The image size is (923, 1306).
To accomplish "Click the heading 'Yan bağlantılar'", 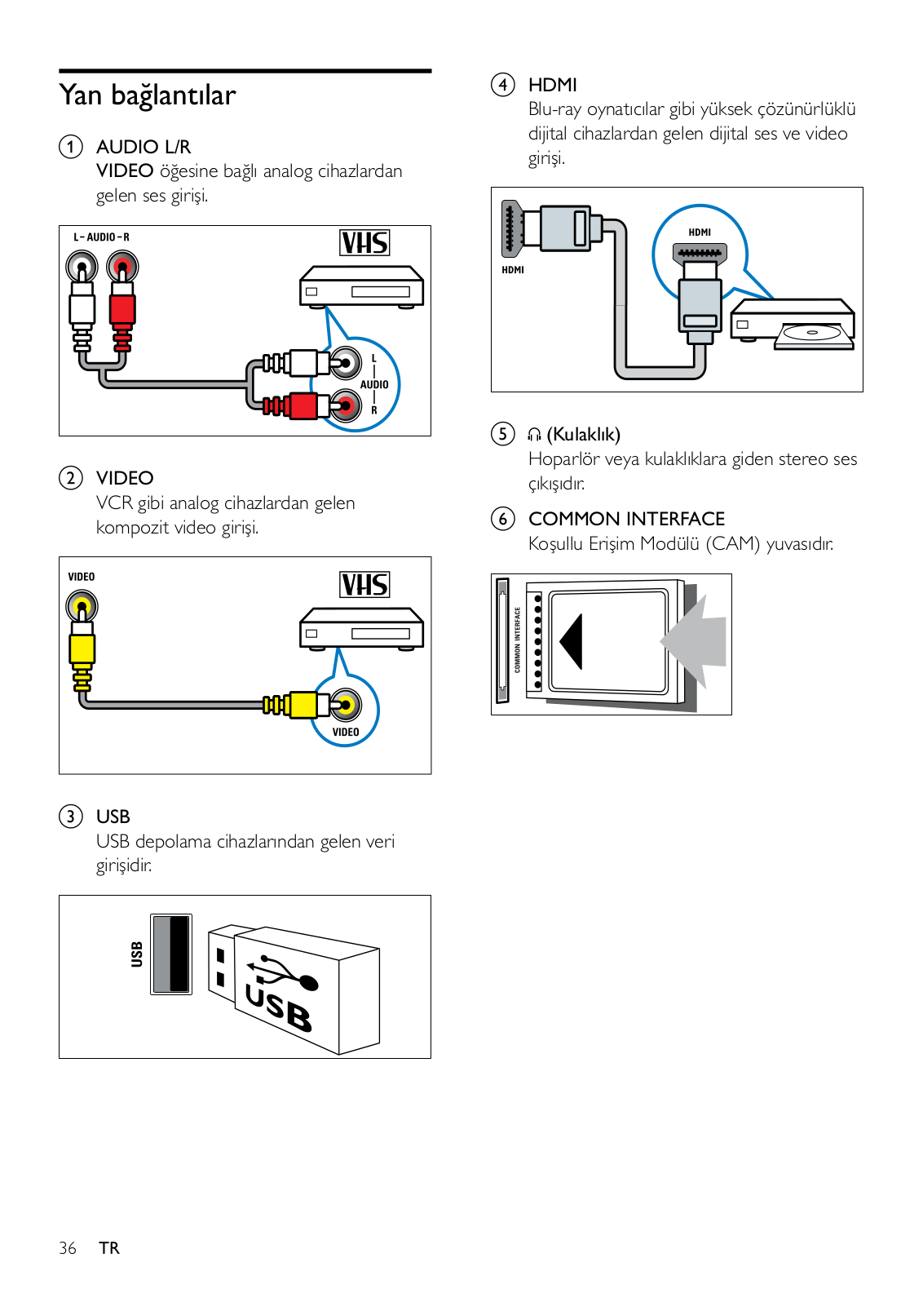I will (148, 95).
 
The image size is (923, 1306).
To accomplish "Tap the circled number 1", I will (71, 147).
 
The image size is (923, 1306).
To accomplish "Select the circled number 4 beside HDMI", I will (502, 85).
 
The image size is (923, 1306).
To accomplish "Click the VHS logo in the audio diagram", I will (364, 242).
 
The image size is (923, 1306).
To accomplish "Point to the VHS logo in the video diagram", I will (364, 584).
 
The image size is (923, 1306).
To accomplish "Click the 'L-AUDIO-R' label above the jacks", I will (101, 237).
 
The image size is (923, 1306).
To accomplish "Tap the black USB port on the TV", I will (171, 954).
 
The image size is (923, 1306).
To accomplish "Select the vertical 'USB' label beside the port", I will (137, 954).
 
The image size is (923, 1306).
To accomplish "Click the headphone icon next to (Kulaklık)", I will (535, 435).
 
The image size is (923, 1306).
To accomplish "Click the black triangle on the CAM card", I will (572, 641).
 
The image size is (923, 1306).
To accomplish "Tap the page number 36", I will (68, 1248).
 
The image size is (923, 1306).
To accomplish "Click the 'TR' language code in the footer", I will (109, 1248).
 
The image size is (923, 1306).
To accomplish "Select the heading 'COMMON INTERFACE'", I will (626, 519).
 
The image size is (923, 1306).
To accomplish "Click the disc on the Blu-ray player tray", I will (811, 333).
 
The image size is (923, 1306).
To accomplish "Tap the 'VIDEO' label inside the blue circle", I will (346, 732).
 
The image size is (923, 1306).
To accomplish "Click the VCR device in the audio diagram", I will (362, 286).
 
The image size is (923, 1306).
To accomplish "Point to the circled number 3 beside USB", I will (71, 817).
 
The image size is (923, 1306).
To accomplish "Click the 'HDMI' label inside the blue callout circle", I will (700, 232).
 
